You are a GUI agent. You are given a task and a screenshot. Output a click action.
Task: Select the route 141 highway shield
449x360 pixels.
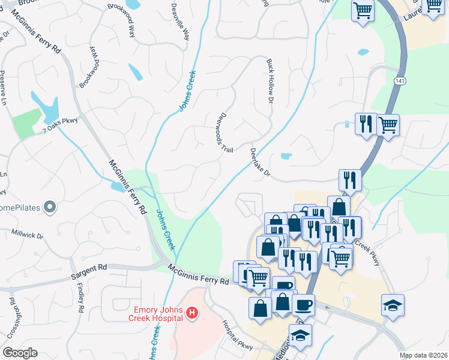click(x=400, y=80)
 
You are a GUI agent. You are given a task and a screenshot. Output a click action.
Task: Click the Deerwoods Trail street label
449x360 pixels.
click(x=226, y=131)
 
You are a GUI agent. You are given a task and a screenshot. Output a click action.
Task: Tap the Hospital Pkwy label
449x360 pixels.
click(x=238, y=334)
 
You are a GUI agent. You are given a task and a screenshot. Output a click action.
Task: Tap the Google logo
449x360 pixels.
click(x=20, y=353)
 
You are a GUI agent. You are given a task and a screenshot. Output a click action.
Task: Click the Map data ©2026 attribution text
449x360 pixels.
click(x=423, y=355)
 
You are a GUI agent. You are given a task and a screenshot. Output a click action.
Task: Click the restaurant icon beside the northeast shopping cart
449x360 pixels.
click(x=366, y=124)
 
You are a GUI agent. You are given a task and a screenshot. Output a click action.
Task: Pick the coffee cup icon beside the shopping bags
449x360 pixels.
click(x=304, y=304)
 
